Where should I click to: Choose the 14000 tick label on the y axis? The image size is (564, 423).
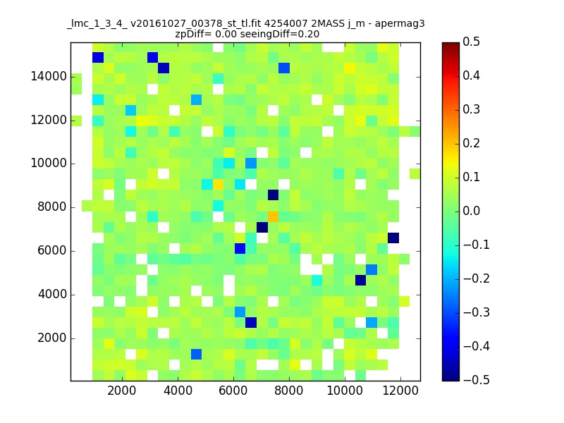[49, 77]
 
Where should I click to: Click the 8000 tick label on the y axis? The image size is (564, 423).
[52, 207]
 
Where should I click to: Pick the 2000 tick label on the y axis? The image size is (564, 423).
[52, 338]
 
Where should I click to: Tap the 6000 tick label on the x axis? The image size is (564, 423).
[233, 391]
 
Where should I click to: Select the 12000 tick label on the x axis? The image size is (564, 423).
[400, 391]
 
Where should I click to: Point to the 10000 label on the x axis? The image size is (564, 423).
[345, 391]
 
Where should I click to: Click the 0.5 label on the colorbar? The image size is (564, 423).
[471, 42]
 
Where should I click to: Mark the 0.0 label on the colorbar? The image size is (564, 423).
[471, 211]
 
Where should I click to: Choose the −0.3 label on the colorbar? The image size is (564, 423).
[477, 312]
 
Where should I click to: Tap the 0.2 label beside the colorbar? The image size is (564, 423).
[471, 143]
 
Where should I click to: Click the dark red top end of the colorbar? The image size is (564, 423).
[450, 44]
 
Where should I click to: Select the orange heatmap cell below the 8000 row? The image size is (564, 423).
[273, 216]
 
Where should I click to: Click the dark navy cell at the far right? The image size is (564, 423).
[393, 238]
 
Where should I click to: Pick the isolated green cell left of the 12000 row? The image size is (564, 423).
[76, 121]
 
